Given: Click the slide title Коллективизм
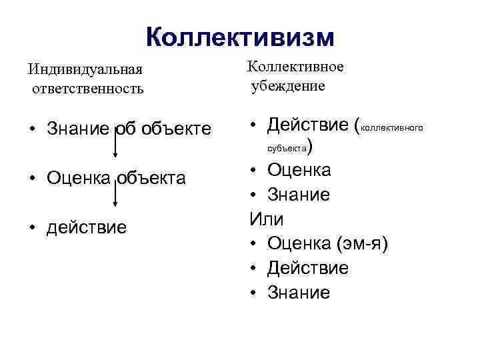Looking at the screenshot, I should [x=239, y=37].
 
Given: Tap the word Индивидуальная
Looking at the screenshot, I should [x=73, y=69].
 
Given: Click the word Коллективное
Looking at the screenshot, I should [x=295, y=67].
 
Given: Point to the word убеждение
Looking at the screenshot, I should [x=288, y=86].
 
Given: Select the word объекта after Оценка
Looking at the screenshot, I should [x=153, y=178].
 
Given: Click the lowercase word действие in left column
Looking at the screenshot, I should [x=86, y=227].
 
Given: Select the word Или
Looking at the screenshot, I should [x=262, y=219].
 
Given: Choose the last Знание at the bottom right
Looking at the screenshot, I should [x=299, y=293].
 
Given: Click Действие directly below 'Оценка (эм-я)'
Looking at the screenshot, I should [x=308, y=268].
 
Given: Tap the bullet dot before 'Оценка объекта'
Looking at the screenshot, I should [x=32, y=179].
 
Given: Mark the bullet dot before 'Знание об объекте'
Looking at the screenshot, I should [x=32, y=129].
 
